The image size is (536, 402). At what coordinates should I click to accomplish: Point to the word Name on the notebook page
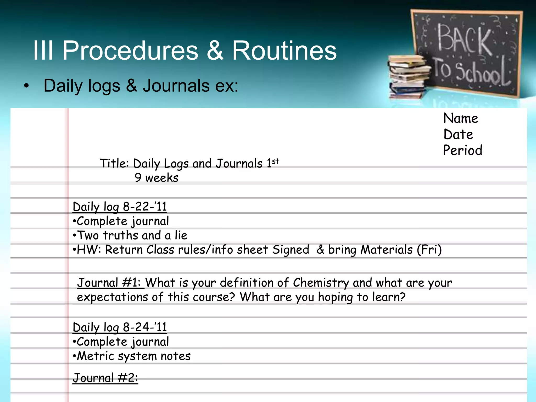[x=461, y=118]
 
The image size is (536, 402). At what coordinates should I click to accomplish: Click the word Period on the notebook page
[x=462, y=150]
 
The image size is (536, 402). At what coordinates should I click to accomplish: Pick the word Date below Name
[x=458, y=134]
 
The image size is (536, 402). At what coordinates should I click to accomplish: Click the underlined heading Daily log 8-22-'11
[x=120, y=207]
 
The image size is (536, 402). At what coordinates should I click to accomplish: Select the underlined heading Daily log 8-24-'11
[x=120, y=327]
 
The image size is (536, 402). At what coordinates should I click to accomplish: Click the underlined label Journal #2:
[x=105, y=378]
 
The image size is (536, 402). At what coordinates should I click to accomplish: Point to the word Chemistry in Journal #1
[x=321, y=283]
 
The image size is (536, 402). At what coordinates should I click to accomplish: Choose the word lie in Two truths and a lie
[x=181, y=235]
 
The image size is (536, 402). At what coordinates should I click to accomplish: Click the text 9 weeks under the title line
[x=157, y=178]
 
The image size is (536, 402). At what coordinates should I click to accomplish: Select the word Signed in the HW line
[x=291, y=249]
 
